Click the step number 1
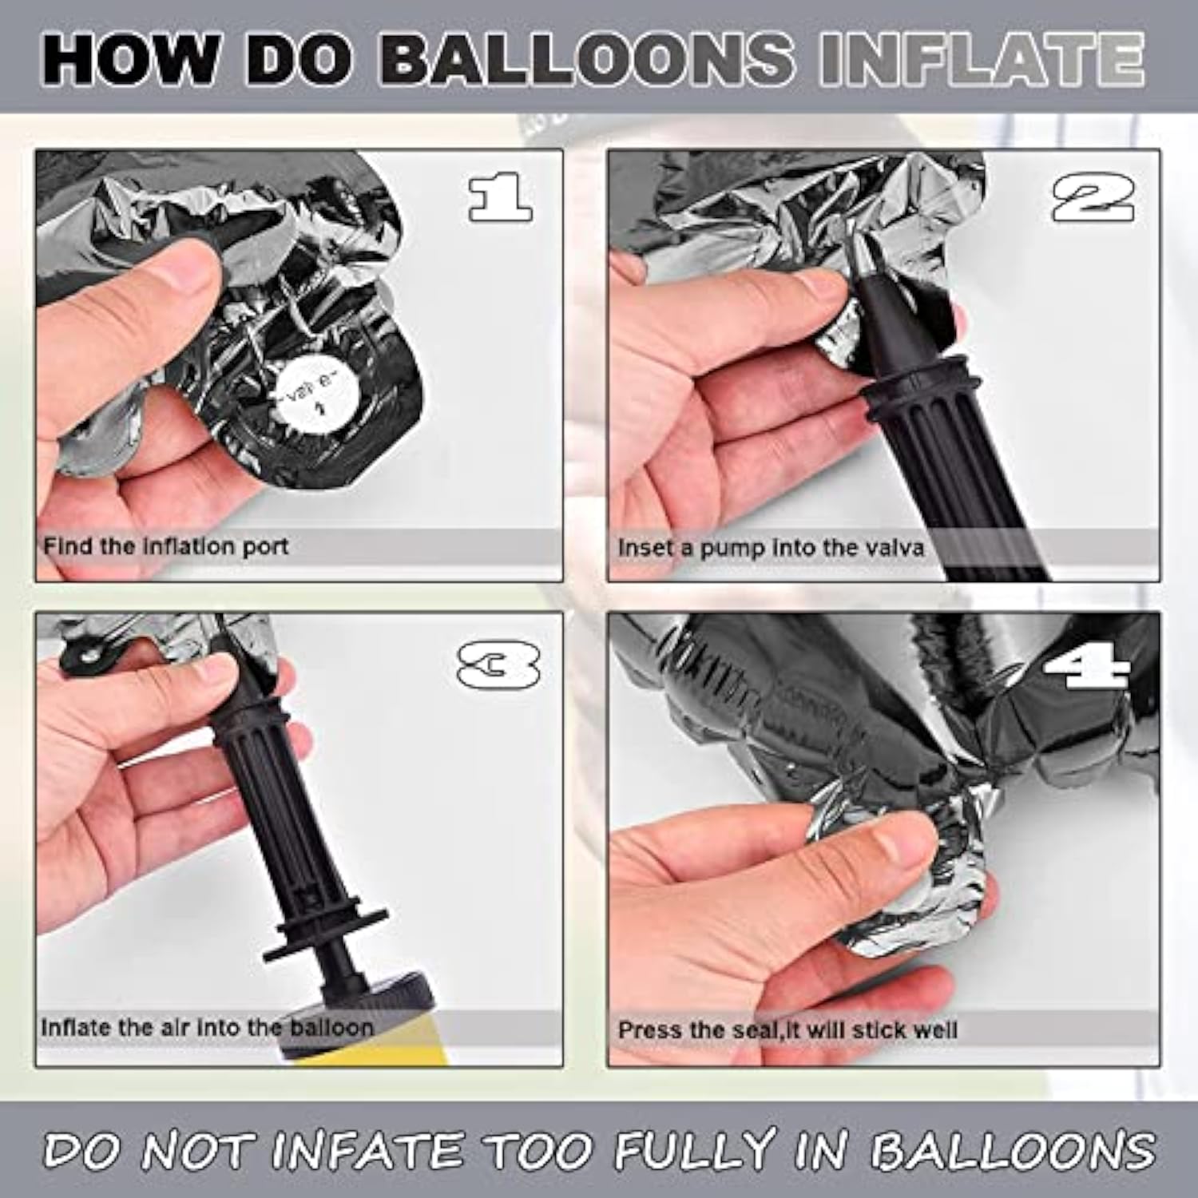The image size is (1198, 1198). click(499, 197)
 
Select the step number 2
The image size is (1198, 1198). click(1093, 199)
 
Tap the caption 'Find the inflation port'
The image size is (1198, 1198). click(165, 547)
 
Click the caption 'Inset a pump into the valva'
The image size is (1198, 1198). click(770, 548)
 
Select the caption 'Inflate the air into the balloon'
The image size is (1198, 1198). click(207, 1027)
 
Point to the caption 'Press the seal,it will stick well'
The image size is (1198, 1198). click(787, 1029)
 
